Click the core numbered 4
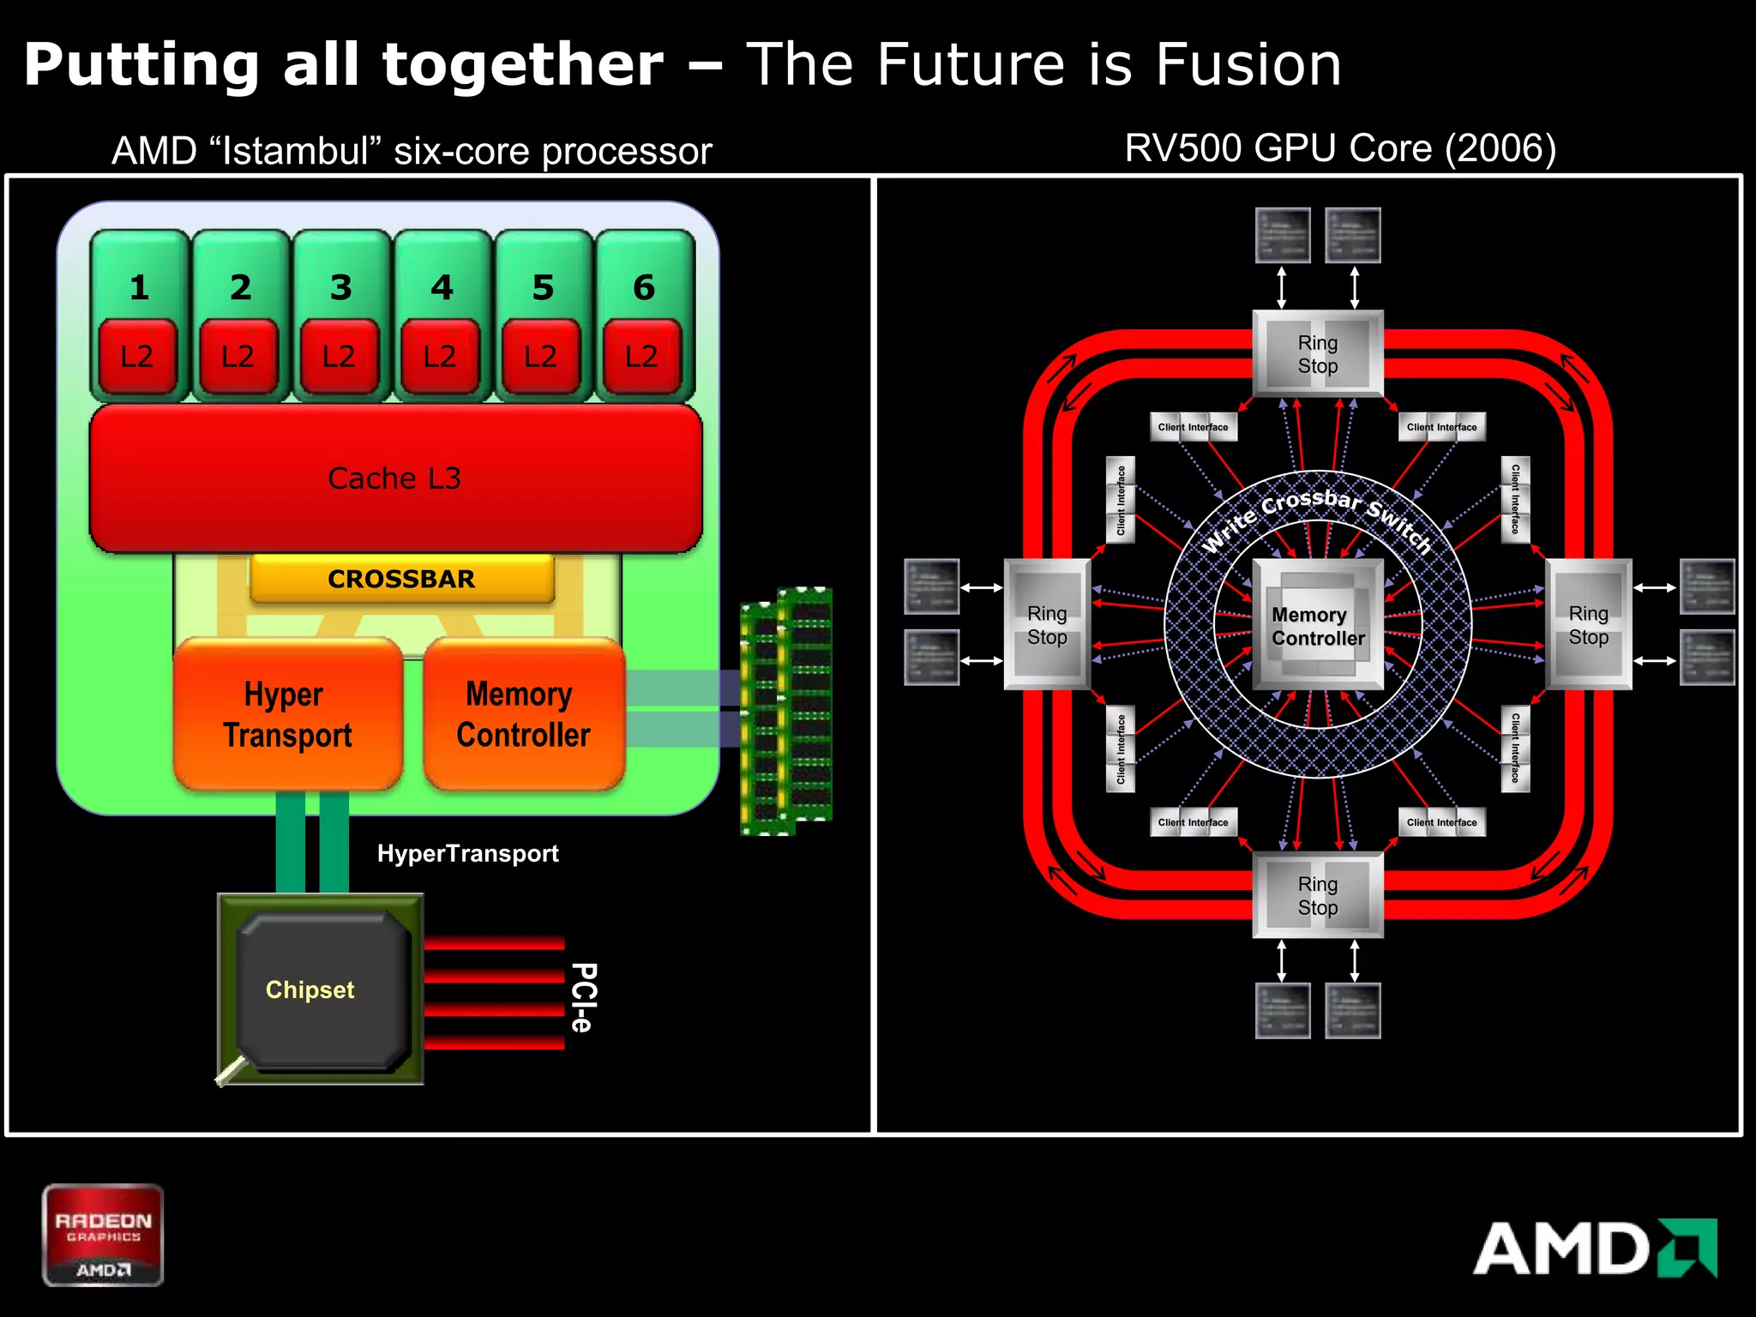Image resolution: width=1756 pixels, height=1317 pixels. coord(442,287)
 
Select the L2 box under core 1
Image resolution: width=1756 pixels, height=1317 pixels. coord(137,356)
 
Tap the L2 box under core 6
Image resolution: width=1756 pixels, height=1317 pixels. coord(642,356)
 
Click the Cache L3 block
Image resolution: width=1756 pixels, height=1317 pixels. coord(395,478)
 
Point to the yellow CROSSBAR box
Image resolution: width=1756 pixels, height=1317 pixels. coord(401,579)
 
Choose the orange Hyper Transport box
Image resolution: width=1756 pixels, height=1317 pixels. coord(288,714)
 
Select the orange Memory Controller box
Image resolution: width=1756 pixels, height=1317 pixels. coord(523,714)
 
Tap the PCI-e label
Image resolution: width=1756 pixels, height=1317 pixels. coord(583,997)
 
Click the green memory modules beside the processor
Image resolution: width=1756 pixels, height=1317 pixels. coord(785,711)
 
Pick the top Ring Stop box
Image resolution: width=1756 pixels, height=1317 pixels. coord(1318,354)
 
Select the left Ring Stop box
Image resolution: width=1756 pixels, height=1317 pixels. coord(1047,625)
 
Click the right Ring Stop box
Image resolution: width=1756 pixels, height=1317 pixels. coord(1588,625)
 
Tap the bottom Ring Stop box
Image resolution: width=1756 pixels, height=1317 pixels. coord(1318,895)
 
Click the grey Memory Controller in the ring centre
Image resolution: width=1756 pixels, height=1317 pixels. coord(1318,626)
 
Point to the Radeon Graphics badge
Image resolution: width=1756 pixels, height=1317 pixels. coord(103,1236)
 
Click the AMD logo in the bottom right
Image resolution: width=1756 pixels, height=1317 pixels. coord(1595,1248)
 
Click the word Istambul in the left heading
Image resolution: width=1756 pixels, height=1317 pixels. coord(296,152)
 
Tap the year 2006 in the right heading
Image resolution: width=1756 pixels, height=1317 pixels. coord(1500,148)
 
